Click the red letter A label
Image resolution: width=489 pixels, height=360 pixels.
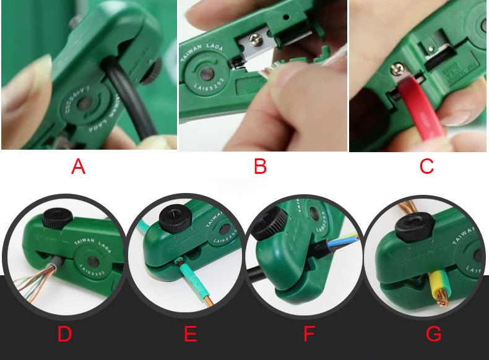[78, 166]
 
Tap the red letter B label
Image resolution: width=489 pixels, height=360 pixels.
[260, 166]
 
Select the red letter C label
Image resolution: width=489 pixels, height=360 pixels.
[426, 166]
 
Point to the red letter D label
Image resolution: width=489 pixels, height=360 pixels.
[64, 335]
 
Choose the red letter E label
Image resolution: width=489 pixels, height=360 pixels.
[190, 335]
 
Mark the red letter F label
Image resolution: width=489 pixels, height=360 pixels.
[309, 335]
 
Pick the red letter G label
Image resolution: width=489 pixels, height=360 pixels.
[434, 335]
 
